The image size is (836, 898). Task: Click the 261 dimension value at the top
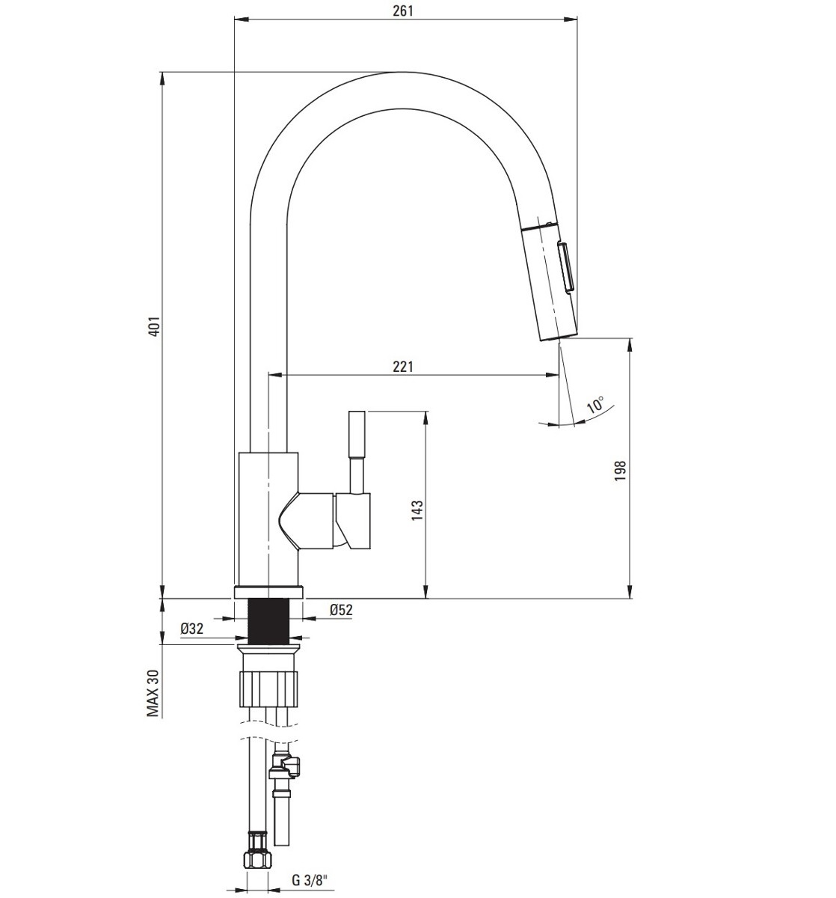point(402,10)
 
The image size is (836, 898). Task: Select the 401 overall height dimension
point(155,326)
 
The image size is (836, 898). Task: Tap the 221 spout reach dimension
point(402,366)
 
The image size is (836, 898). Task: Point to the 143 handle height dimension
point(417,510)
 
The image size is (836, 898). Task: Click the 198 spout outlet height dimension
point(621,471)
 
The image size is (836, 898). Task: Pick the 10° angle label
point(595,405)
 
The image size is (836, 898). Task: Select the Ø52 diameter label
point(341,610)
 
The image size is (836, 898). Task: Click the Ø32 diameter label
point(192,629)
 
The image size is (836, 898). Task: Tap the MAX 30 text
point(153,693)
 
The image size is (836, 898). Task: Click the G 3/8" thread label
point(309,880)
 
